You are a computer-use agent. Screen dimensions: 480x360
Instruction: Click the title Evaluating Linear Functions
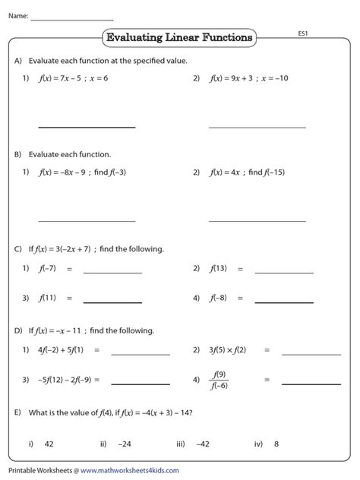pos(179,37)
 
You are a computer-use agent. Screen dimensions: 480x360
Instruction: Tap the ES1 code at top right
pos(302,33)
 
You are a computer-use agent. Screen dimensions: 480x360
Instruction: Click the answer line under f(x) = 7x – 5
pos(87,126)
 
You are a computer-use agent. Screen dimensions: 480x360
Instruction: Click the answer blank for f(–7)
pos(112,272)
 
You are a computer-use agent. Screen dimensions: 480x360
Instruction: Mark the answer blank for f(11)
pos(112,302)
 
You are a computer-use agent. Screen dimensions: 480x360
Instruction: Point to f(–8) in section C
pos(219,298)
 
